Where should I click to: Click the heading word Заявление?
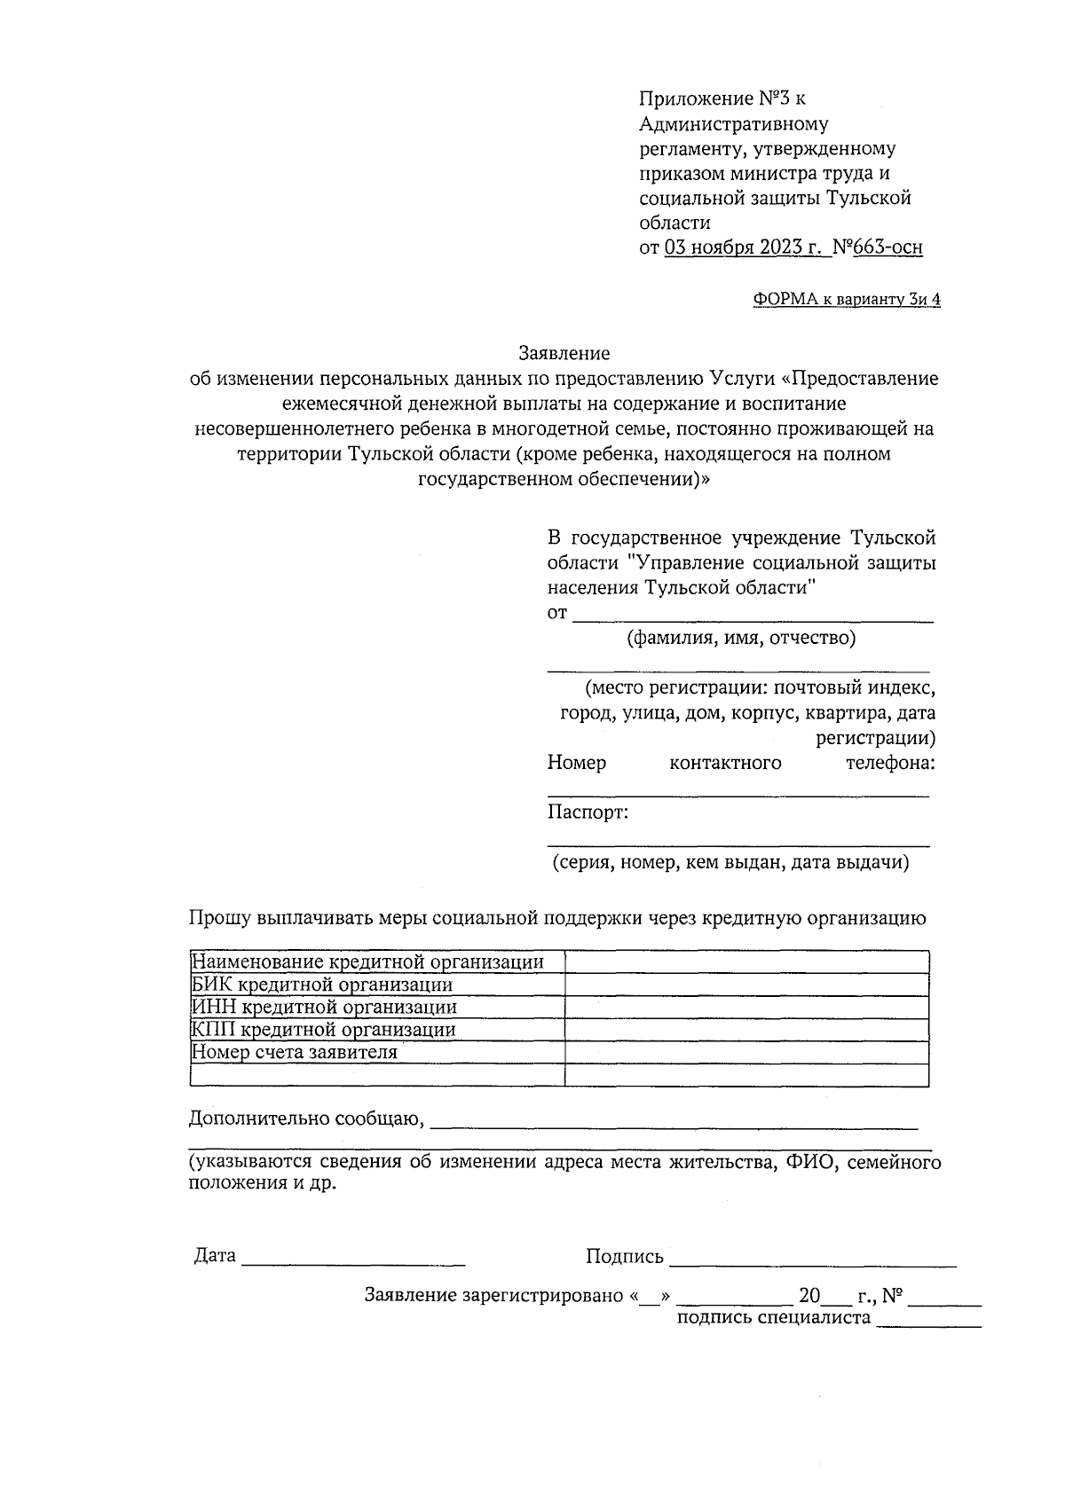click(564, 353)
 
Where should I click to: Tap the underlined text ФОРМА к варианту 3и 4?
click(847, 299)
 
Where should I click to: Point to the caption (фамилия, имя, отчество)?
click(741, 638)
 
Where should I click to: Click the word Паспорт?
click(588, 812)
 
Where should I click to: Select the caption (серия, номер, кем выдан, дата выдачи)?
click(730, 862)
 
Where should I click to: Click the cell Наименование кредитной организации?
click(377, 962)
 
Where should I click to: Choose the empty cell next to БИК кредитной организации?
click(746, 985)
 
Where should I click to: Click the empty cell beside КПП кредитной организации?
click(746, 1030)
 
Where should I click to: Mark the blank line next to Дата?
click(353, 1260)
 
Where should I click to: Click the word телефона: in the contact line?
click(890, 763)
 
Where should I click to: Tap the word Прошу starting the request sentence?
click(219, 918)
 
